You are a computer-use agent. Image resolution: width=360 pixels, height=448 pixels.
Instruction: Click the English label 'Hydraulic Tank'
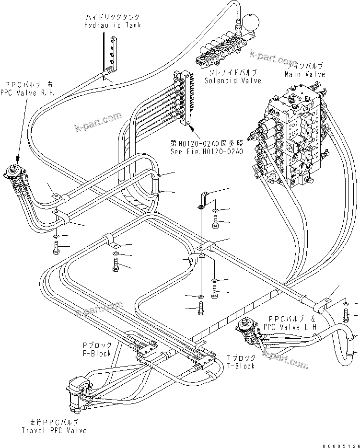pyautogui.click(x=113, y=25)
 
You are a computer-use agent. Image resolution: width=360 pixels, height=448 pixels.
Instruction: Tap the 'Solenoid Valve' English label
pyautogui.click(x=233, y=80)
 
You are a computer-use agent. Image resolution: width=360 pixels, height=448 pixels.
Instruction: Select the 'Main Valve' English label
pyautogui.click(x=304, y=74)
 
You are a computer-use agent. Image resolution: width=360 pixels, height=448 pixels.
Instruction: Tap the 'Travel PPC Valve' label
pyautogui.click(x=54, y=430)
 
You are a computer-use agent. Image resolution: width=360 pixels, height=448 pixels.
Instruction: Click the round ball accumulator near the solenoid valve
pyautogui.click(x=250, y=22)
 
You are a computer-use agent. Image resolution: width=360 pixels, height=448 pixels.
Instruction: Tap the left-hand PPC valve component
pyautogui.click(x=247, y=329)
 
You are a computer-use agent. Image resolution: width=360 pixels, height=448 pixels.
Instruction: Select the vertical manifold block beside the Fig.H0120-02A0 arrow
pyautogui.click(x=184, y=98)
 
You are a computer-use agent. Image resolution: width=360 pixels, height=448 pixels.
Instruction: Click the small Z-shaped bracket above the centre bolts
pyautogui.click(x=204, y=201)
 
